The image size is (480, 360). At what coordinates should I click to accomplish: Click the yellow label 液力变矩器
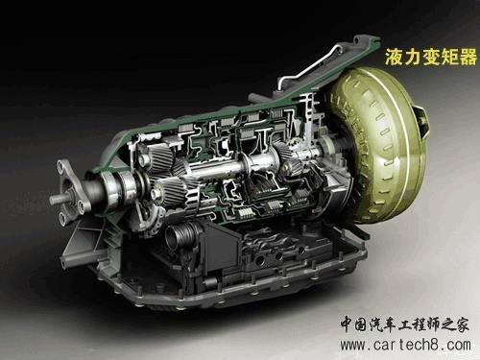coord(431,57)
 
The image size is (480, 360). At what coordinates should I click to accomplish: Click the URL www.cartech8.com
coord(405,346)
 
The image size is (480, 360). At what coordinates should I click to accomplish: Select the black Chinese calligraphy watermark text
coord(404,324)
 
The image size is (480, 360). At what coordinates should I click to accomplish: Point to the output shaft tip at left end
coord(52,200)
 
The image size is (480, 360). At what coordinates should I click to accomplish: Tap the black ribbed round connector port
coord(179,238)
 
